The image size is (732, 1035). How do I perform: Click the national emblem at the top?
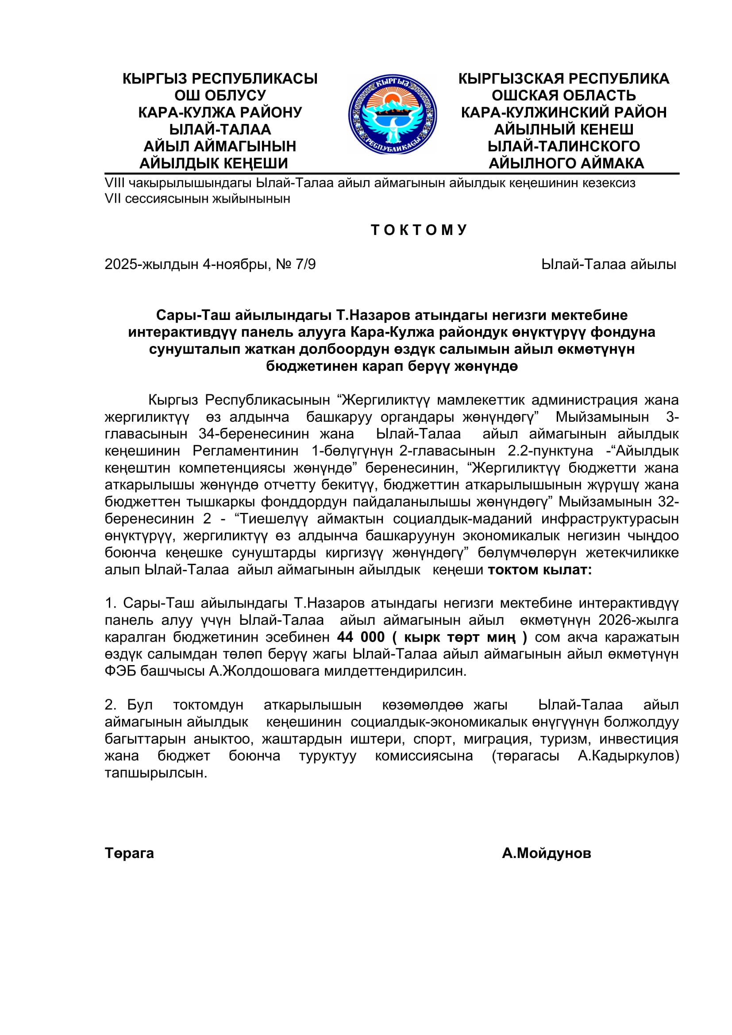coord(392,115)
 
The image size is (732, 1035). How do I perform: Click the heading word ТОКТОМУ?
coord(419,230)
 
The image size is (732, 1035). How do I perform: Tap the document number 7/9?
coord(306,264)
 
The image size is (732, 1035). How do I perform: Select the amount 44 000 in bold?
coord(361,637)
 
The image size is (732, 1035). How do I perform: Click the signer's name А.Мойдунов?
coord(546,853)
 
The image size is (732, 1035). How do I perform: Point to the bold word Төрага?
coord(129,853)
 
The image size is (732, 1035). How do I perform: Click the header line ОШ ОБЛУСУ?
coord(220,96)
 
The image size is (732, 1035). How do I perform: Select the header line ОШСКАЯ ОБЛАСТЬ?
coord(563,96)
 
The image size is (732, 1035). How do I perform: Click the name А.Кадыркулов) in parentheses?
coord(628,756)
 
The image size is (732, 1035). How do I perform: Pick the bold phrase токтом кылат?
coord(539,570)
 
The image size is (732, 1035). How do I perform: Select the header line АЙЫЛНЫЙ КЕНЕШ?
coord(563,129)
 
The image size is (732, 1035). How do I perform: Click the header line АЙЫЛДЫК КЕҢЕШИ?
coord(214,163)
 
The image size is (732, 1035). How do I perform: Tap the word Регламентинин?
coord(246,451)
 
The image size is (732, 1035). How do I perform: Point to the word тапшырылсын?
coord(156,773)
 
